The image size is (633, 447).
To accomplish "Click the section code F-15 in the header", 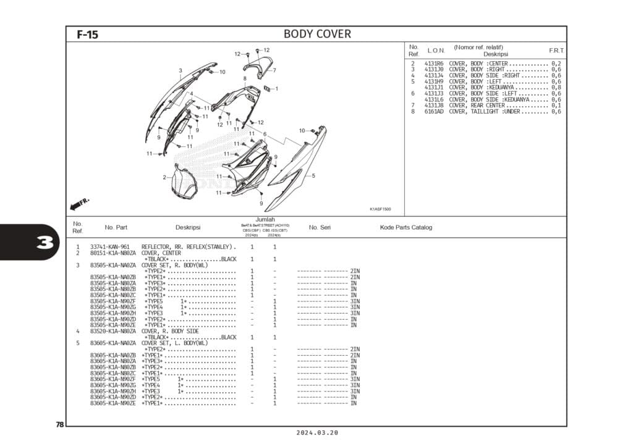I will click(x=87, y=35).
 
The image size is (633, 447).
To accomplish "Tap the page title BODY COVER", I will click(x=317, y=34).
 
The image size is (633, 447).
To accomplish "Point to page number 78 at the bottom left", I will click(x=59, y=424).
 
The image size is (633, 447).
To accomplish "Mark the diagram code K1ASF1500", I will click(x=380, y=209).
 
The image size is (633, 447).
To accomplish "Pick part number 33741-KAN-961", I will click(x=109, y=247).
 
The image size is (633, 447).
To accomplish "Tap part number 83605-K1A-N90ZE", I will click(x=113, y=403).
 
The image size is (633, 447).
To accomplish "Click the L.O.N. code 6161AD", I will click(x=434, y=112).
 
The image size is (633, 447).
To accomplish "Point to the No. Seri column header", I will click(x=320, y=227).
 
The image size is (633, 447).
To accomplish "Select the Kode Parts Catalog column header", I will click(x=406, y=227).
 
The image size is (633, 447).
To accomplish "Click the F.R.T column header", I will click(x=556, y=50).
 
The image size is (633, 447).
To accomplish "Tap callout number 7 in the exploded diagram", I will click(x=274, y=70).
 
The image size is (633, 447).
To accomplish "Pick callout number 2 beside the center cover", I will click(x=164, y=177).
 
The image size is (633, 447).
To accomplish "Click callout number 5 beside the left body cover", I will click(x=313, y=176).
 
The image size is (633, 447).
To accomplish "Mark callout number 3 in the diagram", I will click(x=181, y=70).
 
